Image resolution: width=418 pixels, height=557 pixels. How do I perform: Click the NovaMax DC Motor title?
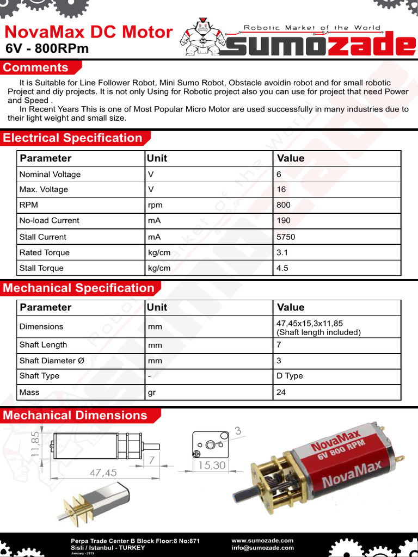tap(89, 32)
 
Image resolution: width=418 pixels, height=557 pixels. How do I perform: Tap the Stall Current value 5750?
tap(286, 237)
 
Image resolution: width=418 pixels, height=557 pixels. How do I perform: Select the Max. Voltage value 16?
tap(281, 189)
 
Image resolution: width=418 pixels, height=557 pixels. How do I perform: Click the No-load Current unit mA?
tap(154, 220)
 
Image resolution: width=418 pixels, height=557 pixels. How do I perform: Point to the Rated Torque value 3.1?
tap(282, 252)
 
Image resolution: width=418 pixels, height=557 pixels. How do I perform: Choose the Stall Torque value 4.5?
tap(282, 268)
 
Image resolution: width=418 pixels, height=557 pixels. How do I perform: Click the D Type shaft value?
tap(290, 376)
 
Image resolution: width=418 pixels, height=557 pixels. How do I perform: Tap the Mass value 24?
tap(281, 392)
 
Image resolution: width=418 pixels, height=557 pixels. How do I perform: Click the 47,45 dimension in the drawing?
tap(103, 473)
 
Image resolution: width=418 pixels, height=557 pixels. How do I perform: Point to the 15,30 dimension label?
tap(212, 465)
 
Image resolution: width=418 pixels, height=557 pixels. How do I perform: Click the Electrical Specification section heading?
tap(72, 138)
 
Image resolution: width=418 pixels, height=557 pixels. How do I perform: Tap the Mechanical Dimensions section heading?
tap(75, 416)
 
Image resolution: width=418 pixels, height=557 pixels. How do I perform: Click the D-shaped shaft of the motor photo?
tap(241, 497)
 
